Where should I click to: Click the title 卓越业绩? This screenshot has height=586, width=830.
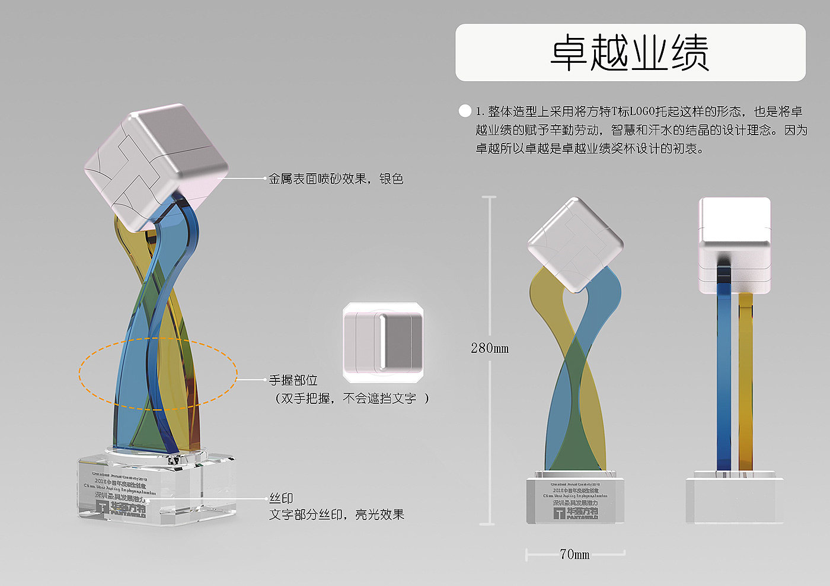[x=630, y=53]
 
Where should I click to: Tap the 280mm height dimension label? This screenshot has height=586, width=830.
[x=490, y=348]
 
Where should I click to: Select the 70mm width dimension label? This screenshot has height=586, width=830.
[x=574, y=554]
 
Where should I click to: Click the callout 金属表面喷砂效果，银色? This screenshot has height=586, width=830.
[x=336, y=179]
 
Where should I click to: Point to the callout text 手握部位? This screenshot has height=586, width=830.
[x=293, y=380]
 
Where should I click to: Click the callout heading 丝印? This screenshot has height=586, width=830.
[x=281, y=498]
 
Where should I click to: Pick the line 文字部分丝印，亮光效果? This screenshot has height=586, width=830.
[x=337, y=515]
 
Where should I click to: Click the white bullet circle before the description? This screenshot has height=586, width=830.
[x=465, y=111]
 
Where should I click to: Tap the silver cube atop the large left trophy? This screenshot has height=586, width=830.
[x=155, y=166]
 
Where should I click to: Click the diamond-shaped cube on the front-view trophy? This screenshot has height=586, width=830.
[x=574, y=244]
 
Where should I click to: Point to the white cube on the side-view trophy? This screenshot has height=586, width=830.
[x=735, y=243]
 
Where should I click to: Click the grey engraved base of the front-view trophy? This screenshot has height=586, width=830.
[x=574, y=501]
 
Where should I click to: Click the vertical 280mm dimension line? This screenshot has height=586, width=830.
[x=490, y=267]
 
